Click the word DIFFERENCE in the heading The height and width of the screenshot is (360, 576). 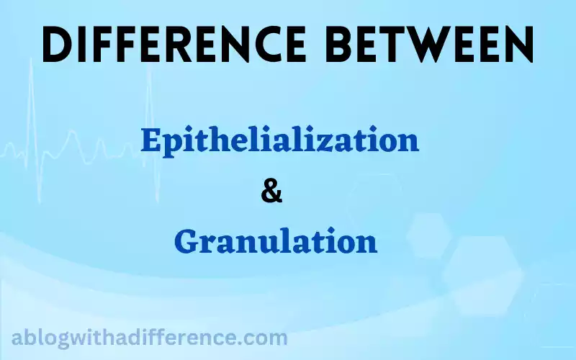(174, 45)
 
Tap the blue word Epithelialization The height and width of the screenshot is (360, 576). (280, 140)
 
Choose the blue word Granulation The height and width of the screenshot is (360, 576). (276, 240)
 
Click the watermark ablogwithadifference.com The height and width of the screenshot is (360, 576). (150, 338)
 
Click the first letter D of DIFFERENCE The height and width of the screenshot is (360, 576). (57, 45)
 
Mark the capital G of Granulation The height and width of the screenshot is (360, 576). (186, 240)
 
